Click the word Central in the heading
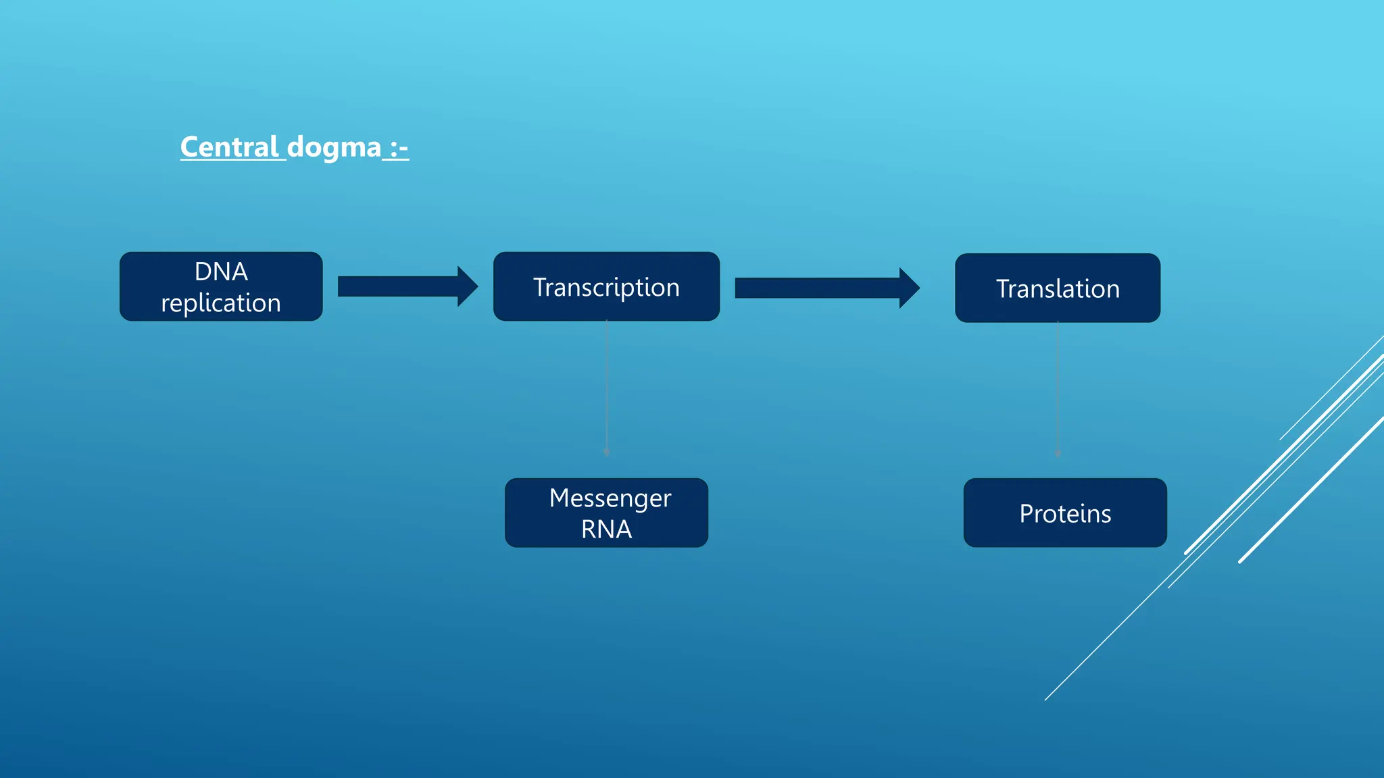pos(230,147)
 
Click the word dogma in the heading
pos(334,147)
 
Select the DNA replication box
pos(221,286)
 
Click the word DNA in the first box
pos(221,271)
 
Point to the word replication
pos(221,303)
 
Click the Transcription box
pos(606,287)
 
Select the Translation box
pos(1058,288)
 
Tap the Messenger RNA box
pos(606,513)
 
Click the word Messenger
pos(610,498)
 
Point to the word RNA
pos(606,529)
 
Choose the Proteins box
pos(1065,513)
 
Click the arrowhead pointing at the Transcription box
pos(467,286)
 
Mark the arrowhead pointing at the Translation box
pos(909,288)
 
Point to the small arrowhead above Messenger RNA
pos(606,453)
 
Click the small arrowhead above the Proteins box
pos(1058,454)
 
